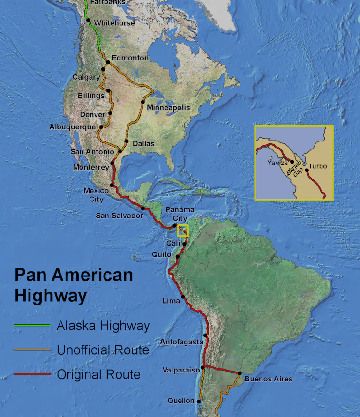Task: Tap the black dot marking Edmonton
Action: [108, 62]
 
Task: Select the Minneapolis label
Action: [168, 108]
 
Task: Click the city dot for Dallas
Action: [127, 141]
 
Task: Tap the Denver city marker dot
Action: [110, 112]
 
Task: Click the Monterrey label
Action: [91, 167]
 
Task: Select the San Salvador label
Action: [119, 216]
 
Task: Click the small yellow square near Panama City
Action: [182, 230]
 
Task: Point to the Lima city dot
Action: [183, 297]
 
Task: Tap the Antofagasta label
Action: [181, 342]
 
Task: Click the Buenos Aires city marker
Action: [239, 373]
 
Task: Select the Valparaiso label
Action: [180, 370]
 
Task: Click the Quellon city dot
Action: [199, 401]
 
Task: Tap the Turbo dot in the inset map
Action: [307, 170]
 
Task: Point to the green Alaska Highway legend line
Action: [32, 325]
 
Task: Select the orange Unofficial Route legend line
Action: [32, 350]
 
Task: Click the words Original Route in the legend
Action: [98, 374]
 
